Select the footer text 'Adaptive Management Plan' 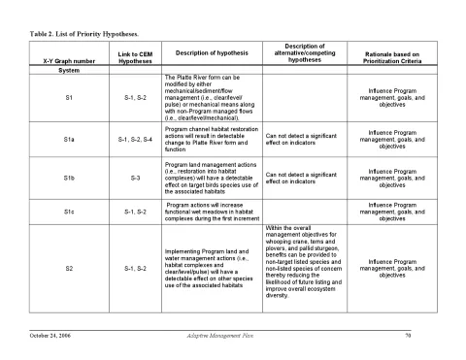click(220, 335)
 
